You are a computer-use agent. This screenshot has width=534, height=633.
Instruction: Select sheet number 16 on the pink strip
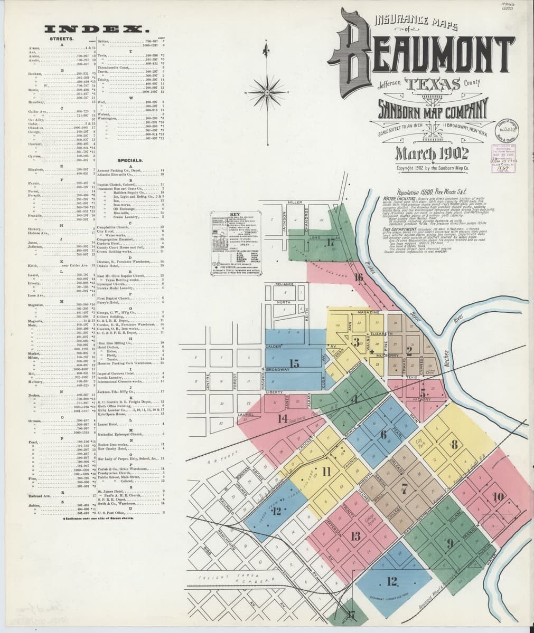359,278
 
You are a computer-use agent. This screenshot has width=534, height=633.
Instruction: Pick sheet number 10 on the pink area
498,496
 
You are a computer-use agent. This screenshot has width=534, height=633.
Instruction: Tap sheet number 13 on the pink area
355,536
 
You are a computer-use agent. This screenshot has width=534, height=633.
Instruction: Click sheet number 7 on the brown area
405,488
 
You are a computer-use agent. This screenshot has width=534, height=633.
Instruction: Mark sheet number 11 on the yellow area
326,471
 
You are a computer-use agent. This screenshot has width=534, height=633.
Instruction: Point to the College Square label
369,522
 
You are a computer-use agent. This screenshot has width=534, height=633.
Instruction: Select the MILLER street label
294,203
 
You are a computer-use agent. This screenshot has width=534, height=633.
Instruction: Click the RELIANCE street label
285,284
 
